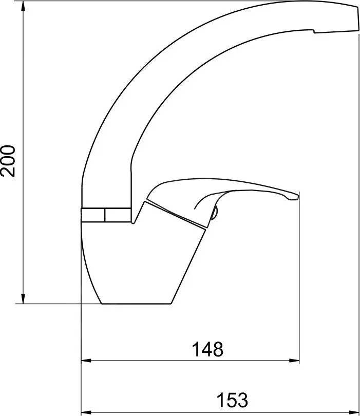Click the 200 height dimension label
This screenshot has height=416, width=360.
coord(8,161)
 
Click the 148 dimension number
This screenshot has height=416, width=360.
coord(207,349)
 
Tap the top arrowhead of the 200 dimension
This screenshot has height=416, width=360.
coord(23,6)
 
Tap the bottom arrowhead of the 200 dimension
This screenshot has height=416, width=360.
coord(23,298)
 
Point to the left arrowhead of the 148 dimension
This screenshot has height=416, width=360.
coord(86,361)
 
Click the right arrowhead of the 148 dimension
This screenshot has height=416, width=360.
coord(294,361)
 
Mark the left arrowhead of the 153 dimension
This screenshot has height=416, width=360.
coord(86,412)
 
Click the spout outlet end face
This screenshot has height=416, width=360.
coord(357,18)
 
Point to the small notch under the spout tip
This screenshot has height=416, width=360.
coord(314,31)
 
